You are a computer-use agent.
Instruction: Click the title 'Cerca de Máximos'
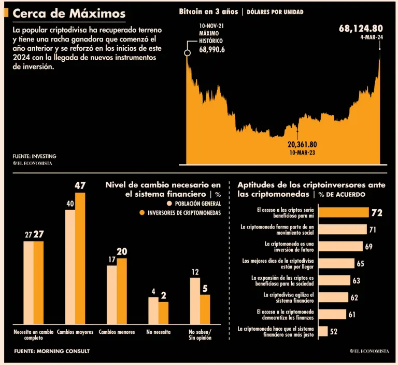pos(69,13)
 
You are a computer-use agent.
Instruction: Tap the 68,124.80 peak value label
pos(361,29)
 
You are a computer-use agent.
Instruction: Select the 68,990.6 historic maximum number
pos(212,50)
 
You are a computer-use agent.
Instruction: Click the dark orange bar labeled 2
pos(163,312)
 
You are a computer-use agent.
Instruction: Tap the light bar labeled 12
pos(195,300)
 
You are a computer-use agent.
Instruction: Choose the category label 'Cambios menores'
pos(117,332)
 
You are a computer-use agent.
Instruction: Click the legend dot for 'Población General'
pos(169,203)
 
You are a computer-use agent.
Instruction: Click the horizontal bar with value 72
pos(343,212)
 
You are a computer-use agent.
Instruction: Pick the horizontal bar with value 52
pos(323,331)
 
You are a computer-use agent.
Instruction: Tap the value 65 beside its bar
pos(361,264)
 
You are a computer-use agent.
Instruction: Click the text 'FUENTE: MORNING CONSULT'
pos(51,352)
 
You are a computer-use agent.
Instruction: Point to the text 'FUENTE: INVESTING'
pos(34,156)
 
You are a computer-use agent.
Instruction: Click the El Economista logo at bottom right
pos(369,352)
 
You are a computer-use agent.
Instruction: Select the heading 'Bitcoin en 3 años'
pos(208,11)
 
